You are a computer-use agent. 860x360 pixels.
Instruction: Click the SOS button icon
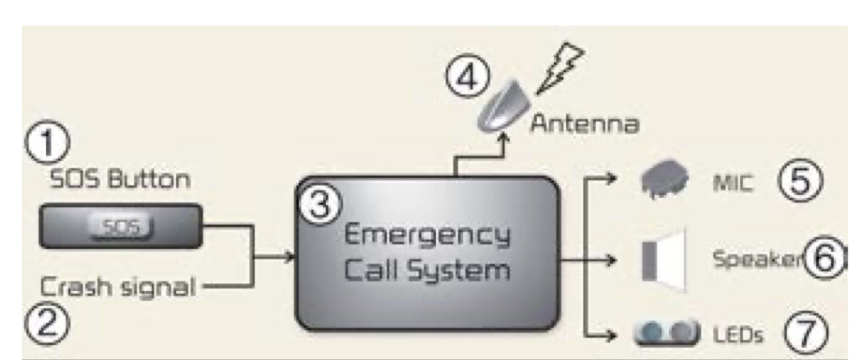pos(121,227)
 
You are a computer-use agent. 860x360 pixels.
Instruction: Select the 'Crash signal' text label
pos(118,286)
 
